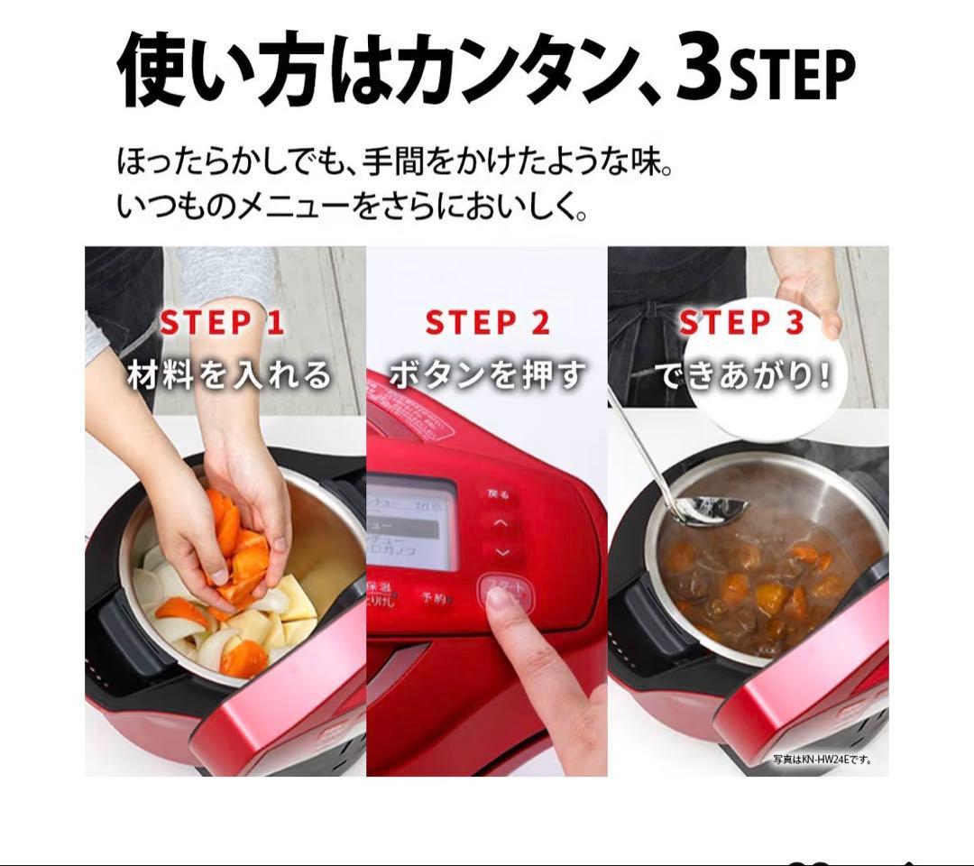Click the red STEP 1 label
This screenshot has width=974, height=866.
[222, 323]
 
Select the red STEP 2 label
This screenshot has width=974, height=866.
[487, 323]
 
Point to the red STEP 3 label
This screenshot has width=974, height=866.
[740, 323]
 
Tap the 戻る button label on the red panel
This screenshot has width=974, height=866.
[499, 494]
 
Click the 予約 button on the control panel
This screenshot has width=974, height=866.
[435, 597]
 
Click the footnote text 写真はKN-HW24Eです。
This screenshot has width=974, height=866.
[822, 760]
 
